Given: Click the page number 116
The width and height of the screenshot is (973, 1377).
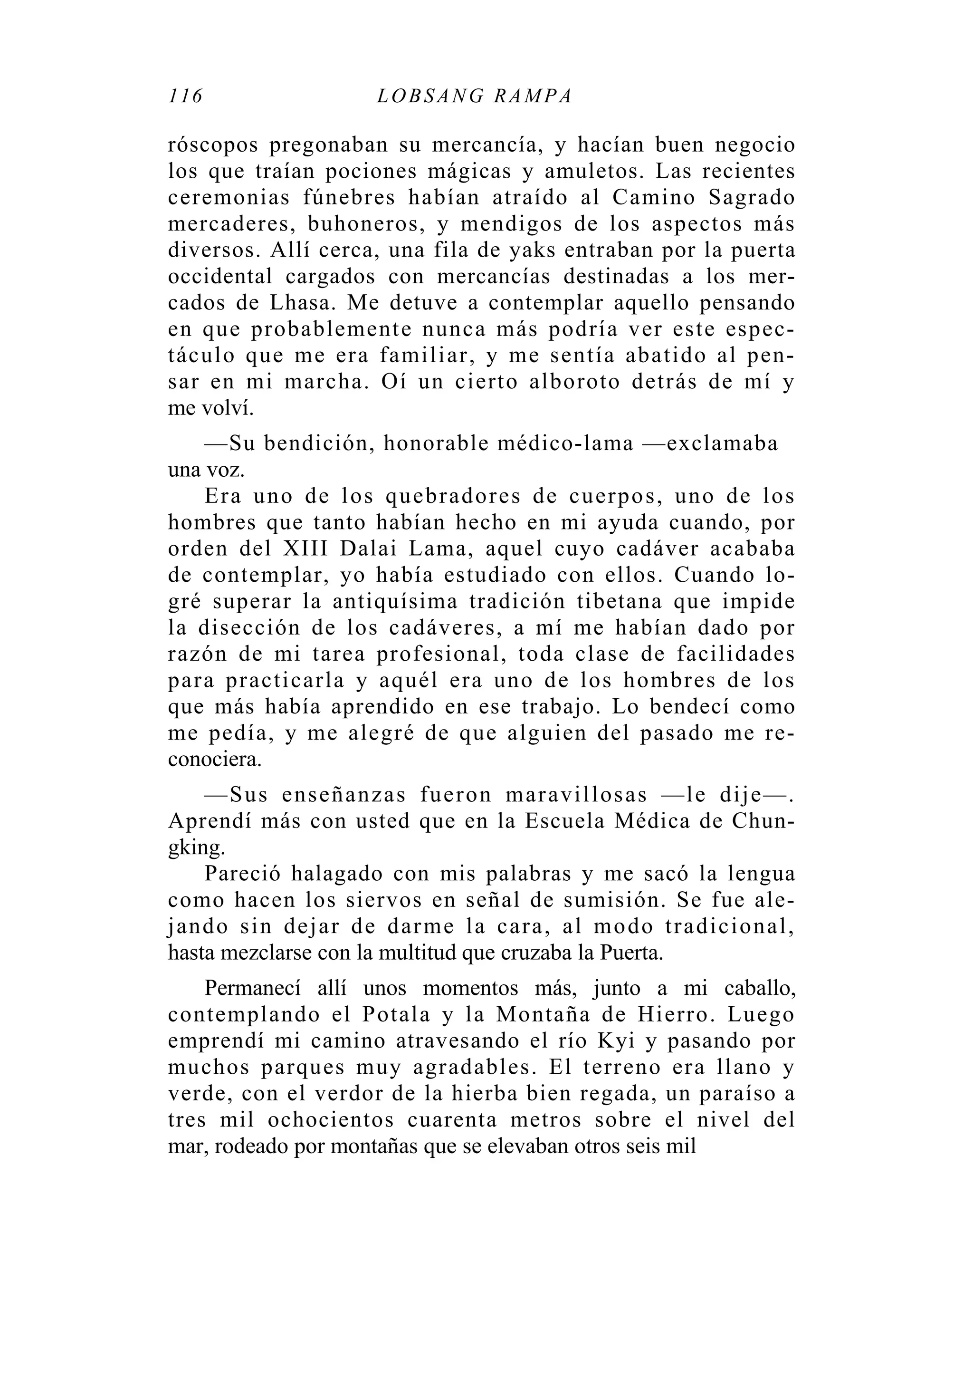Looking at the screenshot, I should pos(186,96).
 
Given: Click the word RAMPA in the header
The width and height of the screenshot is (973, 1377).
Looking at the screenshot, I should pos(533,96).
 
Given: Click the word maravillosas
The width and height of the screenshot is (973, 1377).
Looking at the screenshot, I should pos(576,795).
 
